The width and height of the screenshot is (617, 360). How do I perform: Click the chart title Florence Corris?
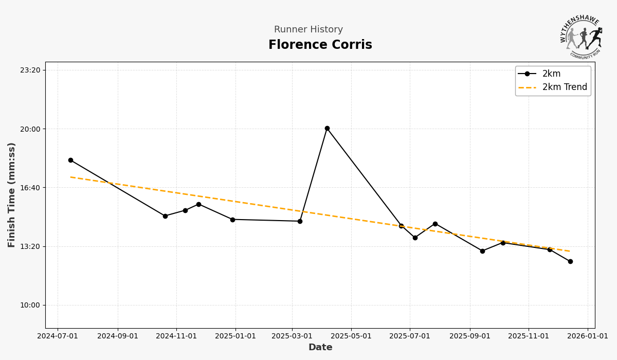320,45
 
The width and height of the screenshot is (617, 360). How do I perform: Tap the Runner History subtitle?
308,30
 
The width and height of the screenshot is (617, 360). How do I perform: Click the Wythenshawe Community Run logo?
581,37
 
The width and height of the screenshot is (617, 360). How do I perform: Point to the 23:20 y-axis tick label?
30,70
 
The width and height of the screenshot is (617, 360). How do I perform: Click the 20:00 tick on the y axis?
30,129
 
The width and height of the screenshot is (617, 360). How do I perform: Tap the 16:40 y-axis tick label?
30,188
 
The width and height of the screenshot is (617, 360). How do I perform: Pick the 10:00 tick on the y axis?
30,305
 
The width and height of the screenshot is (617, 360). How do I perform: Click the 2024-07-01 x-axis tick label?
58,336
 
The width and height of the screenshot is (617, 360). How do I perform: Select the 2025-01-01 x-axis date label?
235,336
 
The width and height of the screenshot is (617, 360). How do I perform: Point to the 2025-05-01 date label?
352,336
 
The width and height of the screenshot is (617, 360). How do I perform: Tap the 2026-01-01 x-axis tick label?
588,336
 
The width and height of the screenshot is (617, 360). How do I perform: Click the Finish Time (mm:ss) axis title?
12,195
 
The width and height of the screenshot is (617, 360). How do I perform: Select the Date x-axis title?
320,348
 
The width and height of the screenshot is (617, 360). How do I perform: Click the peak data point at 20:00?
327,129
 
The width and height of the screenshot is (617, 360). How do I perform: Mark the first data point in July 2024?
70,160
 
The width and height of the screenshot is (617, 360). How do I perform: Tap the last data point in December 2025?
570,262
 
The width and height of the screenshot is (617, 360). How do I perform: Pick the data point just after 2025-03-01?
300,222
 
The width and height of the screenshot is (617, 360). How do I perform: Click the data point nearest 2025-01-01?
232,220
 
